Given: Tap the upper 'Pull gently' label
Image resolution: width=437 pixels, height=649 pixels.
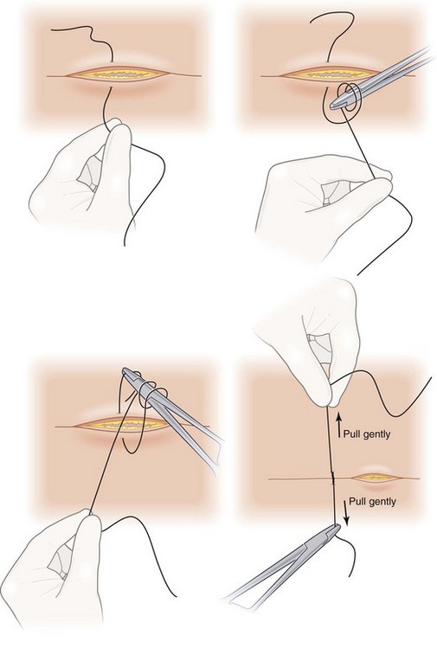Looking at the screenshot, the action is tap(367, 434).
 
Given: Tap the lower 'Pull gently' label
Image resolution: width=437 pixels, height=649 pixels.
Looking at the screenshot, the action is tap(372, 502).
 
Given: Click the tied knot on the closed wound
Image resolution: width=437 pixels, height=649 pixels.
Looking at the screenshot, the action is tap(332, 479).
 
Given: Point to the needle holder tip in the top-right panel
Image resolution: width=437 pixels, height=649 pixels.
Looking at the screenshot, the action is tap(333, 106).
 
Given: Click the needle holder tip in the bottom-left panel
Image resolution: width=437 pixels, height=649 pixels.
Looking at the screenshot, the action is tap(126, 372).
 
